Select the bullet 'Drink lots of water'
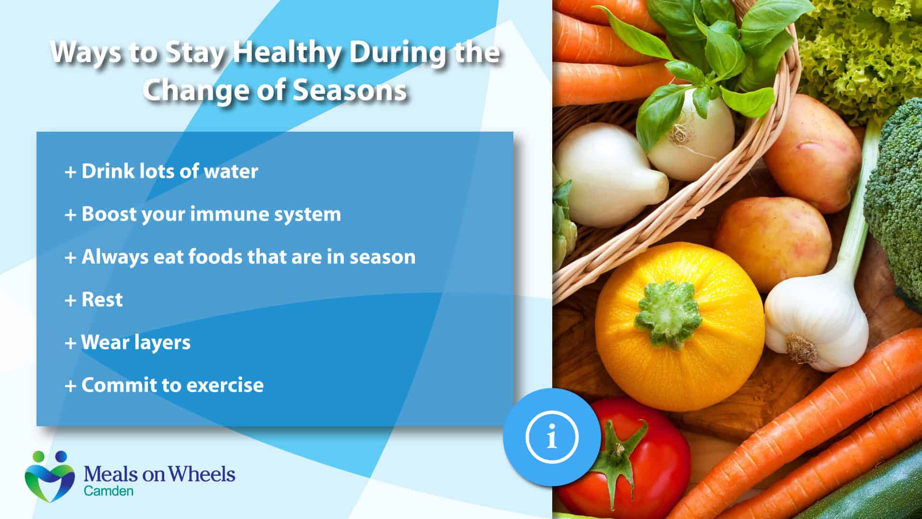161,171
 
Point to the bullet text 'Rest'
94,299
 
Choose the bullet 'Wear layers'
128,343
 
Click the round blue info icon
551,437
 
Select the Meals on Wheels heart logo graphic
50,476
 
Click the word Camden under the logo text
109,491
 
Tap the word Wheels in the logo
205,474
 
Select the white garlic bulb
816,322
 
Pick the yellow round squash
679,327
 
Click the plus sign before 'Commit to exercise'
71,386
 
